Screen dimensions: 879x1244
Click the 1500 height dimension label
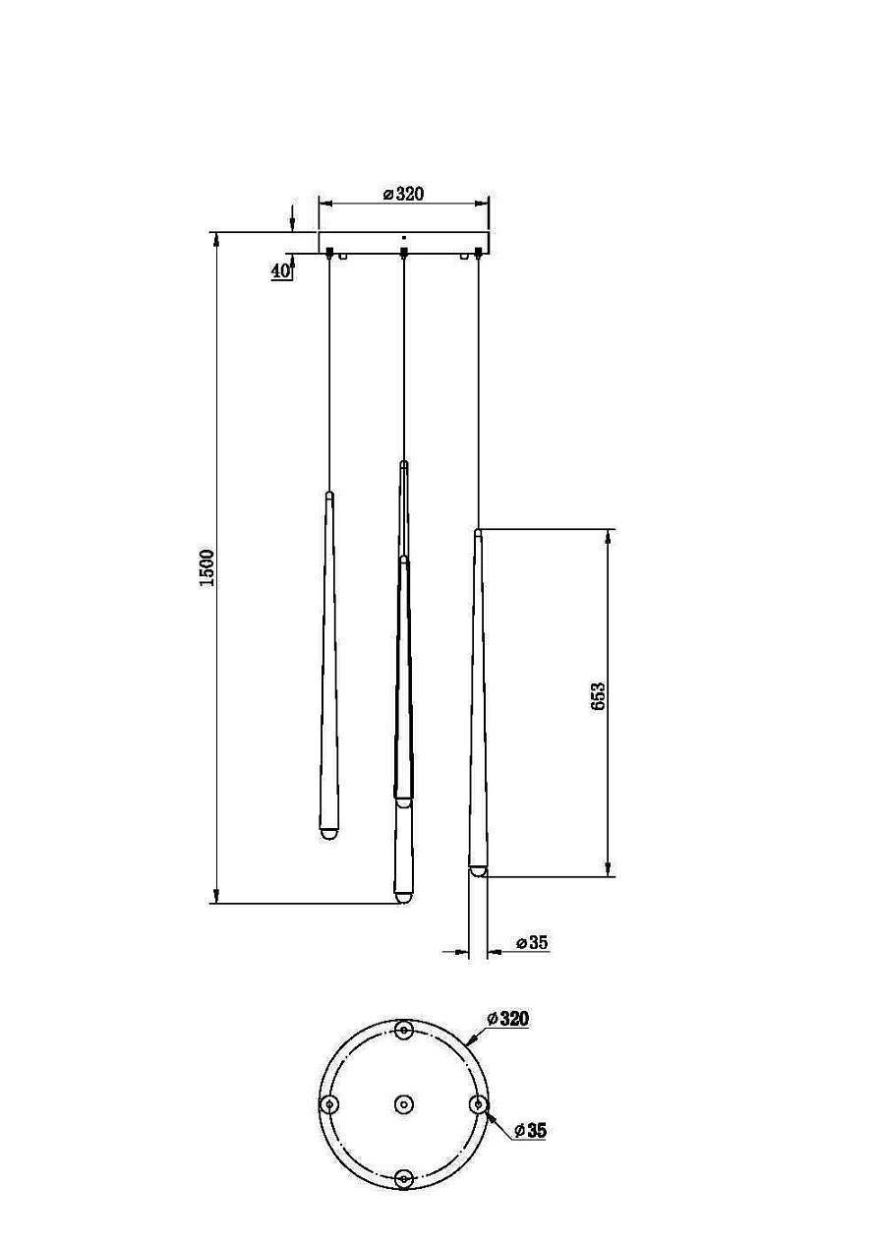(x=206, y=568)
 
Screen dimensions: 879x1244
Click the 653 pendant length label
(x=598, y=696)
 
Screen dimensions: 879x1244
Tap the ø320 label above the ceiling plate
(x=404, y=194)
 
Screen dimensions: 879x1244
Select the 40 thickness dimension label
(x=280, y=271)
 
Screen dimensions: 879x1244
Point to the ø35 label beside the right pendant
(x=531, y=942)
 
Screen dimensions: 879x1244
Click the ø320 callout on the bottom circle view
(x=507, y=1019)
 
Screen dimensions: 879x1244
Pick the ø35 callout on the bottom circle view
(x=530, y=1130)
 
